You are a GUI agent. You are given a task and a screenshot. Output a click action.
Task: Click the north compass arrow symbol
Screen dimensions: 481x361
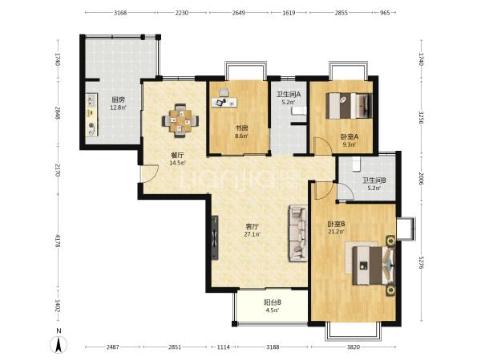[x=59, y=344]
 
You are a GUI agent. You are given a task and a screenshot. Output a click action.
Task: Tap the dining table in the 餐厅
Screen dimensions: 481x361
[x=180, y=120]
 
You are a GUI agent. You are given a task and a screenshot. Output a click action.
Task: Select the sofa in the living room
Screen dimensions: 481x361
[x=297, y=233]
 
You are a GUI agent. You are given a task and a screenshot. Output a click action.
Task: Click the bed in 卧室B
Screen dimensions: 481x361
[x=374, y=266]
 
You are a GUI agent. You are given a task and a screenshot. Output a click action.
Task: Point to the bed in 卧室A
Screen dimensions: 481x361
[x=349, y=106]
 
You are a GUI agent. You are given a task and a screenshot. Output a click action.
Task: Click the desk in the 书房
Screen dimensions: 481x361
[x=224, y=102]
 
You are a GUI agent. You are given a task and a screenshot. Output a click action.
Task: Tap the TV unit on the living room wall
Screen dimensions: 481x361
[x=215, y=237]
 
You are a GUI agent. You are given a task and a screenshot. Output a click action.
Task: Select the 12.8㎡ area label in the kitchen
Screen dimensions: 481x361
[x=118, y=107]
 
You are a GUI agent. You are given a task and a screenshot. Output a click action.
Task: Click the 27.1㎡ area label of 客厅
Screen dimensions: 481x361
[x=253, y=234]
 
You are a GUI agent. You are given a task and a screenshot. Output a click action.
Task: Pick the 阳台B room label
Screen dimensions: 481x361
[x=273, y=302]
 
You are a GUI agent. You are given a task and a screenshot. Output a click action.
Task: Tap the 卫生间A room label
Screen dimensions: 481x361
[x=289, y=94]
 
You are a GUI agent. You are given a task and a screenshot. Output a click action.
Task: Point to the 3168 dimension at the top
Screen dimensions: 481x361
[x=120, y=13]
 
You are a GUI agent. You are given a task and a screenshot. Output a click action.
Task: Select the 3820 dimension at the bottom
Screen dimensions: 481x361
[x=354, y=347]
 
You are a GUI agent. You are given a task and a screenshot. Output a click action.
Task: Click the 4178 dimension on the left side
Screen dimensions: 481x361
[x=58, y=241]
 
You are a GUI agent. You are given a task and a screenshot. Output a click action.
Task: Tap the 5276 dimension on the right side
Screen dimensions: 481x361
[x=421, y=262]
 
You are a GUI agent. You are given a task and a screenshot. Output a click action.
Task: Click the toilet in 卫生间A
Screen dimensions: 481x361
[x=299, y=111]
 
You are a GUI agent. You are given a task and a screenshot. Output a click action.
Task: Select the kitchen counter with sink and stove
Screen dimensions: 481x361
[x=91, y=115]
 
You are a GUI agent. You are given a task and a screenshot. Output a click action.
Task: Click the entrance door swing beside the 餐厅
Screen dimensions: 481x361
[x=149, y=174]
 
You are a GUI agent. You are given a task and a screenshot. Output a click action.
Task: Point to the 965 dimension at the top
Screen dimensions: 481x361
[x=385, y=13]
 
